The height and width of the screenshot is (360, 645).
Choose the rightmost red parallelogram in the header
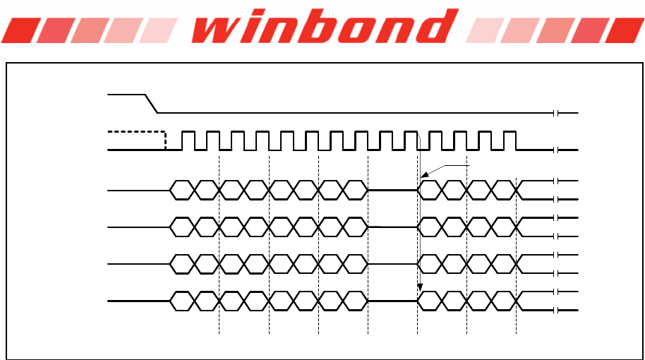[625, 30]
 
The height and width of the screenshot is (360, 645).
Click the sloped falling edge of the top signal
[150, 103]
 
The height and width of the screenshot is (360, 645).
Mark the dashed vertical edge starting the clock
[165, 140]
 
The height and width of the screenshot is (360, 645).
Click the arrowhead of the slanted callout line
[423, 175]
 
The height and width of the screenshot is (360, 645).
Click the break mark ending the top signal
[557, 113]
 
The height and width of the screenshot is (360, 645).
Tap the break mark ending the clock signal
[557, 150]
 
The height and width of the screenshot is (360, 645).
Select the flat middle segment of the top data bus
[392, 190]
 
